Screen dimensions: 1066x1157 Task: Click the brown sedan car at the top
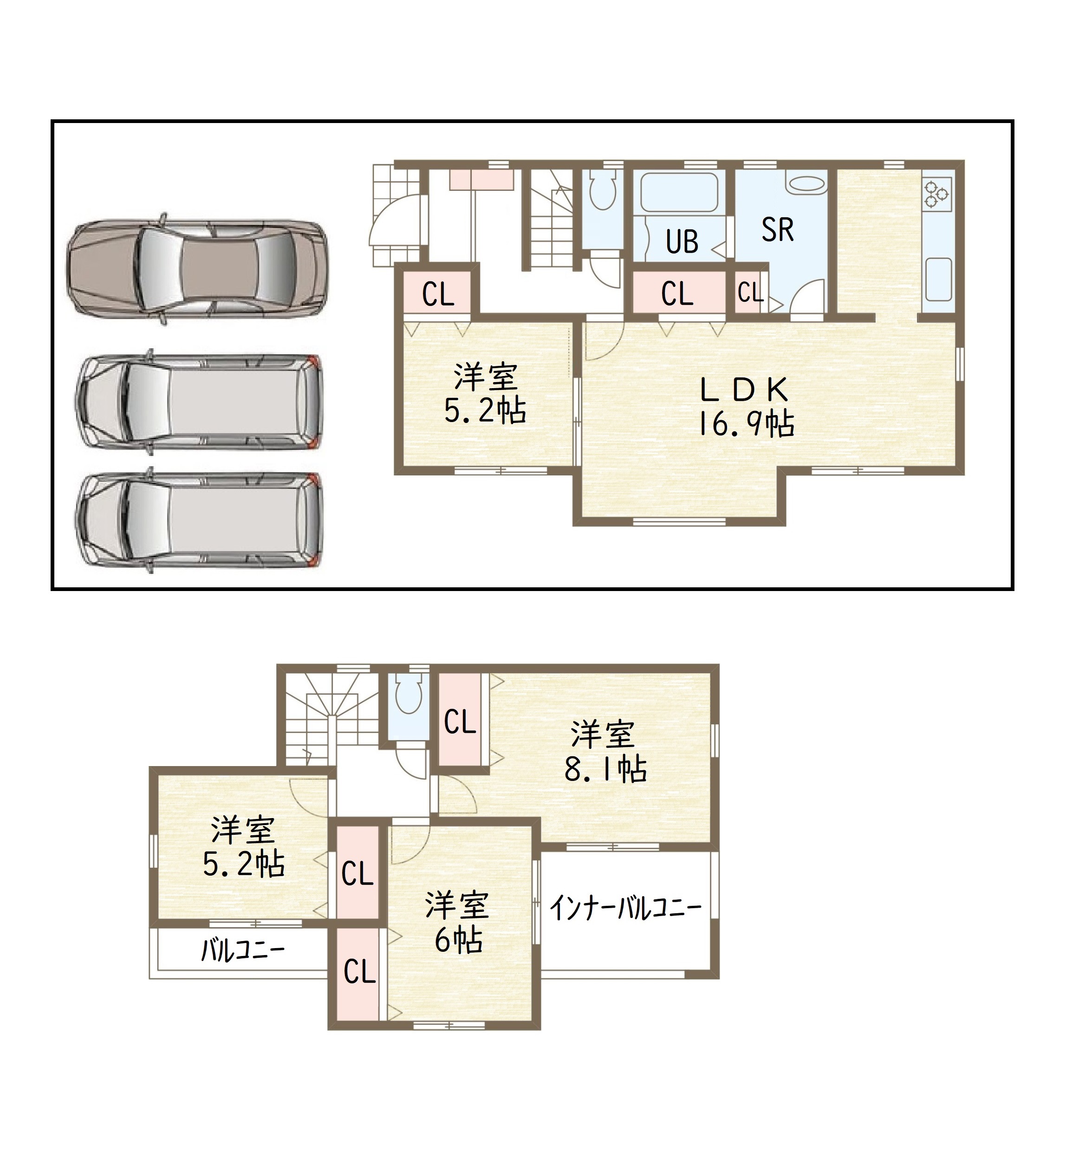[x=197, y=269]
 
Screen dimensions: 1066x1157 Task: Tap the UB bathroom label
[x=682, y=242]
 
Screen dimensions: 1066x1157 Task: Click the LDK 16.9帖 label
[x=745, y=407]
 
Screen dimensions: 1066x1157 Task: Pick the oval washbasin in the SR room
[x=806, y=185]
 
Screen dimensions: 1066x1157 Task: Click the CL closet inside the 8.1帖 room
[x=460, y=721]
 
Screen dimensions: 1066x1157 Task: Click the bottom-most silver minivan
[x=198, y=520]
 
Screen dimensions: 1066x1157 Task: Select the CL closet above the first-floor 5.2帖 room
[x=438, y=295]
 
